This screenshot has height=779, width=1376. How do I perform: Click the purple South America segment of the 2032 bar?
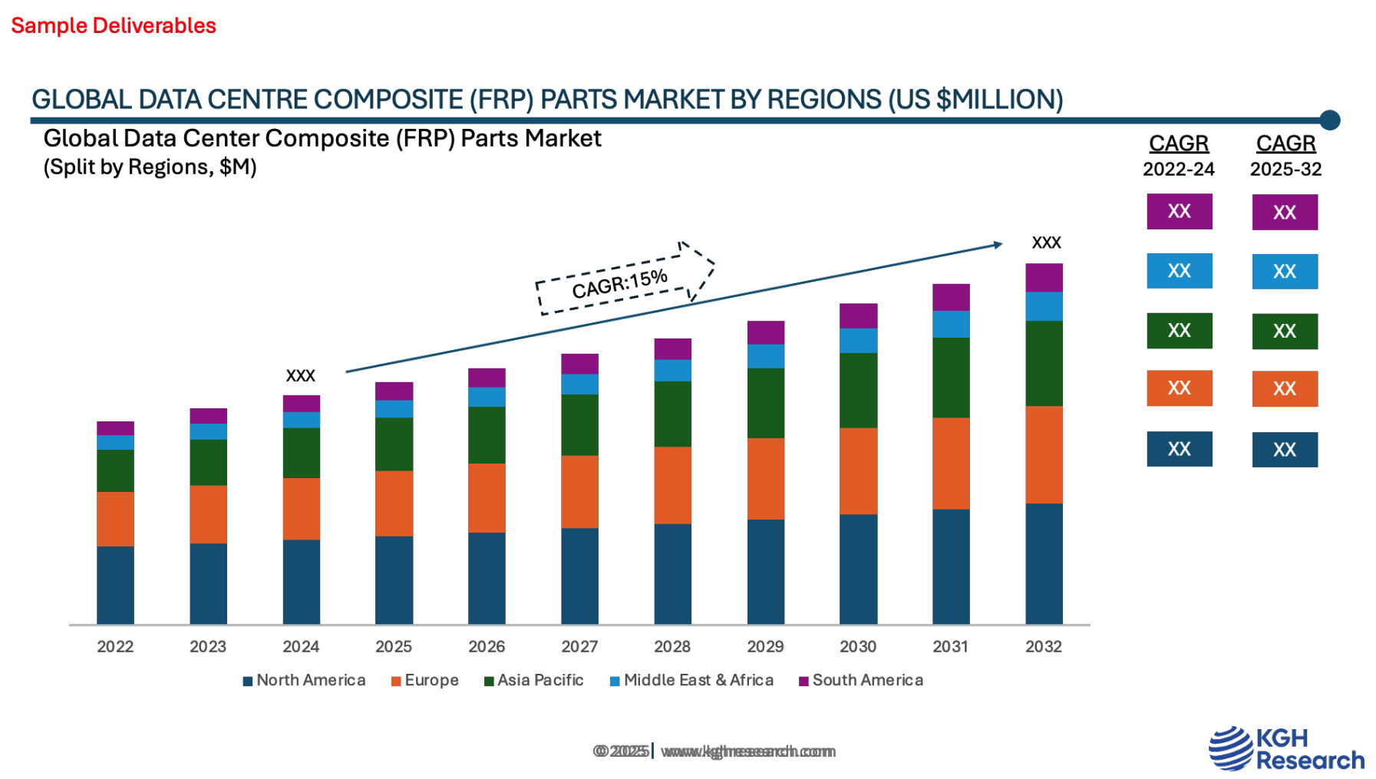click(x=1044, y=277)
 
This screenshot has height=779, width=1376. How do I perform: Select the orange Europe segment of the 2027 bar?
click(x=579, y=491)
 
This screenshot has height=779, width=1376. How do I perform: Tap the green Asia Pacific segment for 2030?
click(x=858, y=390)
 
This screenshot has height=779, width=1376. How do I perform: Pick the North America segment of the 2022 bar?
click(x=115, y=585)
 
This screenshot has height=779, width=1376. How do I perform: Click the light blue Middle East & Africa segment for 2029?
click(x=765, y=356)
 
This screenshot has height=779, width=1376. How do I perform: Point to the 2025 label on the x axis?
click(x=394, y=646)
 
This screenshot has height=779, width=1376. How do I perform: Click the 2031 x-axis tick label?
click(x=951, y=646)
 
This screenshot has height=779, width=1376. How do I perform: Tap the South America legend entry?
click(x=861, y=681)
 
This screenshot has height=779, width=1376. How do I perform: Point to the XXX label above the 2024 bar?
click(x=301, y=375)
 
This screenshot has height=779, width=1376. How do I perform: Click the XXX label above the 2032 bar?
click(x=1047, y=243)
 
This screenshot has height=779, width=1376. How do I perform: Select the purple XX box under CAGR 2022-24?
click(x=1179, y=211)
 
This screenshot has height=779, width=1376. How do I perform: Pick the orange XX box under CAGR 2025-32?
click(x=1285, y=388)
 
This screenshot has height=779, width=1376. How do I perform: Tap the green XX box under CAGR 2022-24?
click(x=1179, y=330)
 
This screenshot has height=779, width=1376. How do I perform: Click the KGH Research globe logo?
click(x=1231, y=748)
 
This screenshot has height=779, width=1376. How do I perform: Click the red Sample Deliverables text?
click(x=114, y=25)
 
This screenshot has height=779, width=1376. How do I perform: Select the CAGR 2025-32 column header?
click(x=1285, y=155)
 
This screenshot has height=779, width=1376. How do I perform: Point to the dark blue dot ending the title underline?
click(x=1330, y=120)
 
